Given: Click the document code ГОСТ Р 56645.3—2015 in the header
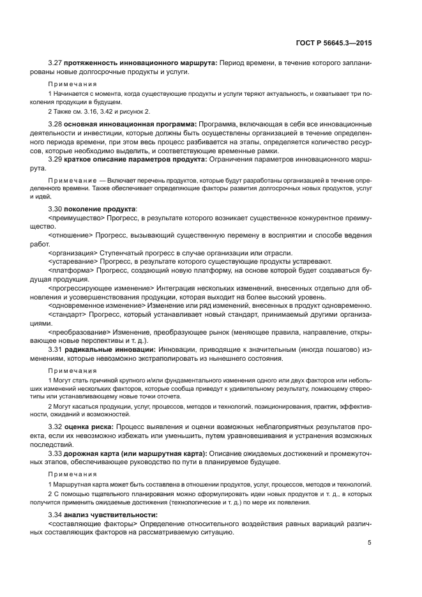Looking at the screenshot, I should coord(335,43).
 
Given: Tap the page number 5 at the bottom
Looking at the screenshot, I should coord(369,543).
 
